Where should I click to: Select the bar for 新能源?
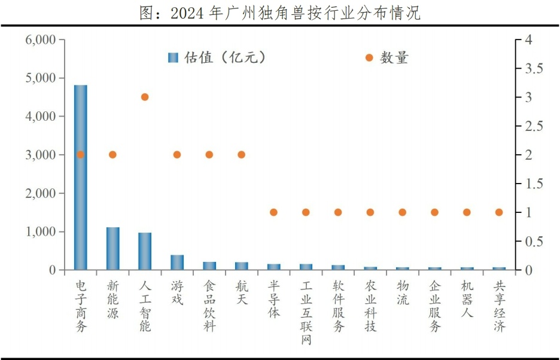click(x=112, y=249)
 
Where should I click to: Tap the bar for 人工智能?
click(x=145, y=251)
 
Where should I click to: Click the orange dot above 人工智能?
click(x=145, y=97)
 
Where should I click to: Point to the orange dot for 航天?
click(x=241, y=154)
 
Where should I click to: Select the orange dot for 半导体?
click(x=273, y=212)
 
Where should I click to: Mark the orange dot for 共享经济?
click(x=499, y=212)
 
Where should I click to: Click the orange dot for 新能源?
click(x=112, y=154)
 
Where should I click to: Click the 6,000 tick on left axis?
click(x=41, y=39)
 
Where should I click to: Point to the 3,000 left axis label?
click(x=41, y=155)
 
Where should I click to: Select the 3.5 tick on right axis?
click(x=532, y=69)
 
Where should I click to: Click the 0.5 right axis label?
click(x=532, y=242)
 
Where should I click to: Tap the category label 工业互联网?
click(x=306, y=312)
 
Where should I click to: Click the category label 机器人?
click(x=467, y=298)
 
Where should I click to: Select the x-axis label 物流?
click(x=403, y=292)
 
